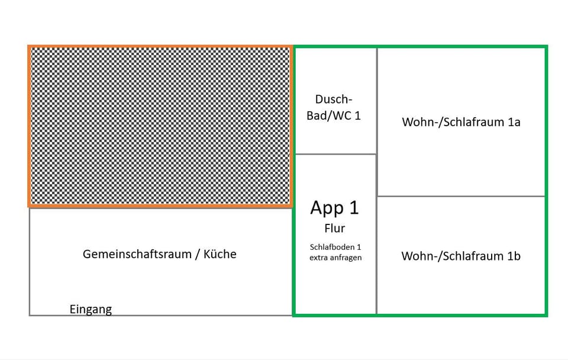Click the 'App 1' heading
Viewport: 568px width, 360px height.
[334, 208]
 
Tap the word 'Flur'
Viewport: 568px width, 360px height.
[335, 229]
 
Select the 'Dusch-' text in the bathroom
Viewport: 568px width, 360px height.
[334, 99]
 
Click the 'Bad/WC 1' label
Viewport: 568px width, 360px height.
[334, 115]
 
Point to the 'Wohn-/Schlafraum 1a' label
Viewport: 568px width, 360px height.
[461, 122]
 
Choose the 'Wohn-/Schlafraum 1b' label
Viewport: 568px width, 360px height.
[461, 256]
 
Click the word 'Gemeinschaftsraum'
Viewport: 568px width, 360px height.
[137, 254]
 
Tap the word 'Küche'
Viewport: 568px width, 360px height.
[220, 254]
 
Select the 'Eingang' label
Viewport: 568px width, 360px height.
[91, 310]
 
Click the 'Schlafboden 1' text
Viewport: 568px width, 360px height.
[335, 247]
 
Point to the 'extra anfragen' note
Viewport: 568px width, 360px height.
[335, 258]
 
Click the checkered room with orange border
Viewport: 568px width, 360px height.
[160, 126]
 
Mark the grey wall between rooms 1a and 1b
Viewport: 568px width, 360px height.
[461, 197]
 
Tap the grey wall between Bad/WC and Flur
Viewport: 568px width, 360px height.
[336, 154]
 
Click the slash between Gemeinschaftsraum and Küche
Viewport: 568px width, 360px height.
[198, 255]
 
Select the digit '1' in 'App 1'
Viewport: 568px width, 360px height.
[354, 208]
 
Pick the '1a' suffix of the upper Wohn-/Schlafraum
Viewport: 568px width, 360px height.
[514, 122]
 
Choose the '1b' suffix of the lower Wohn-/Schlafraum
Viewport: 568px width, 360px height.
[514, 256]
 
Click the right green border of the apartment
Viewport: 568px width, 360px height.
[546, 181]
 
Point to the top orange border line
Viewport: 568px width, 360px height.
[160, 47]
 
